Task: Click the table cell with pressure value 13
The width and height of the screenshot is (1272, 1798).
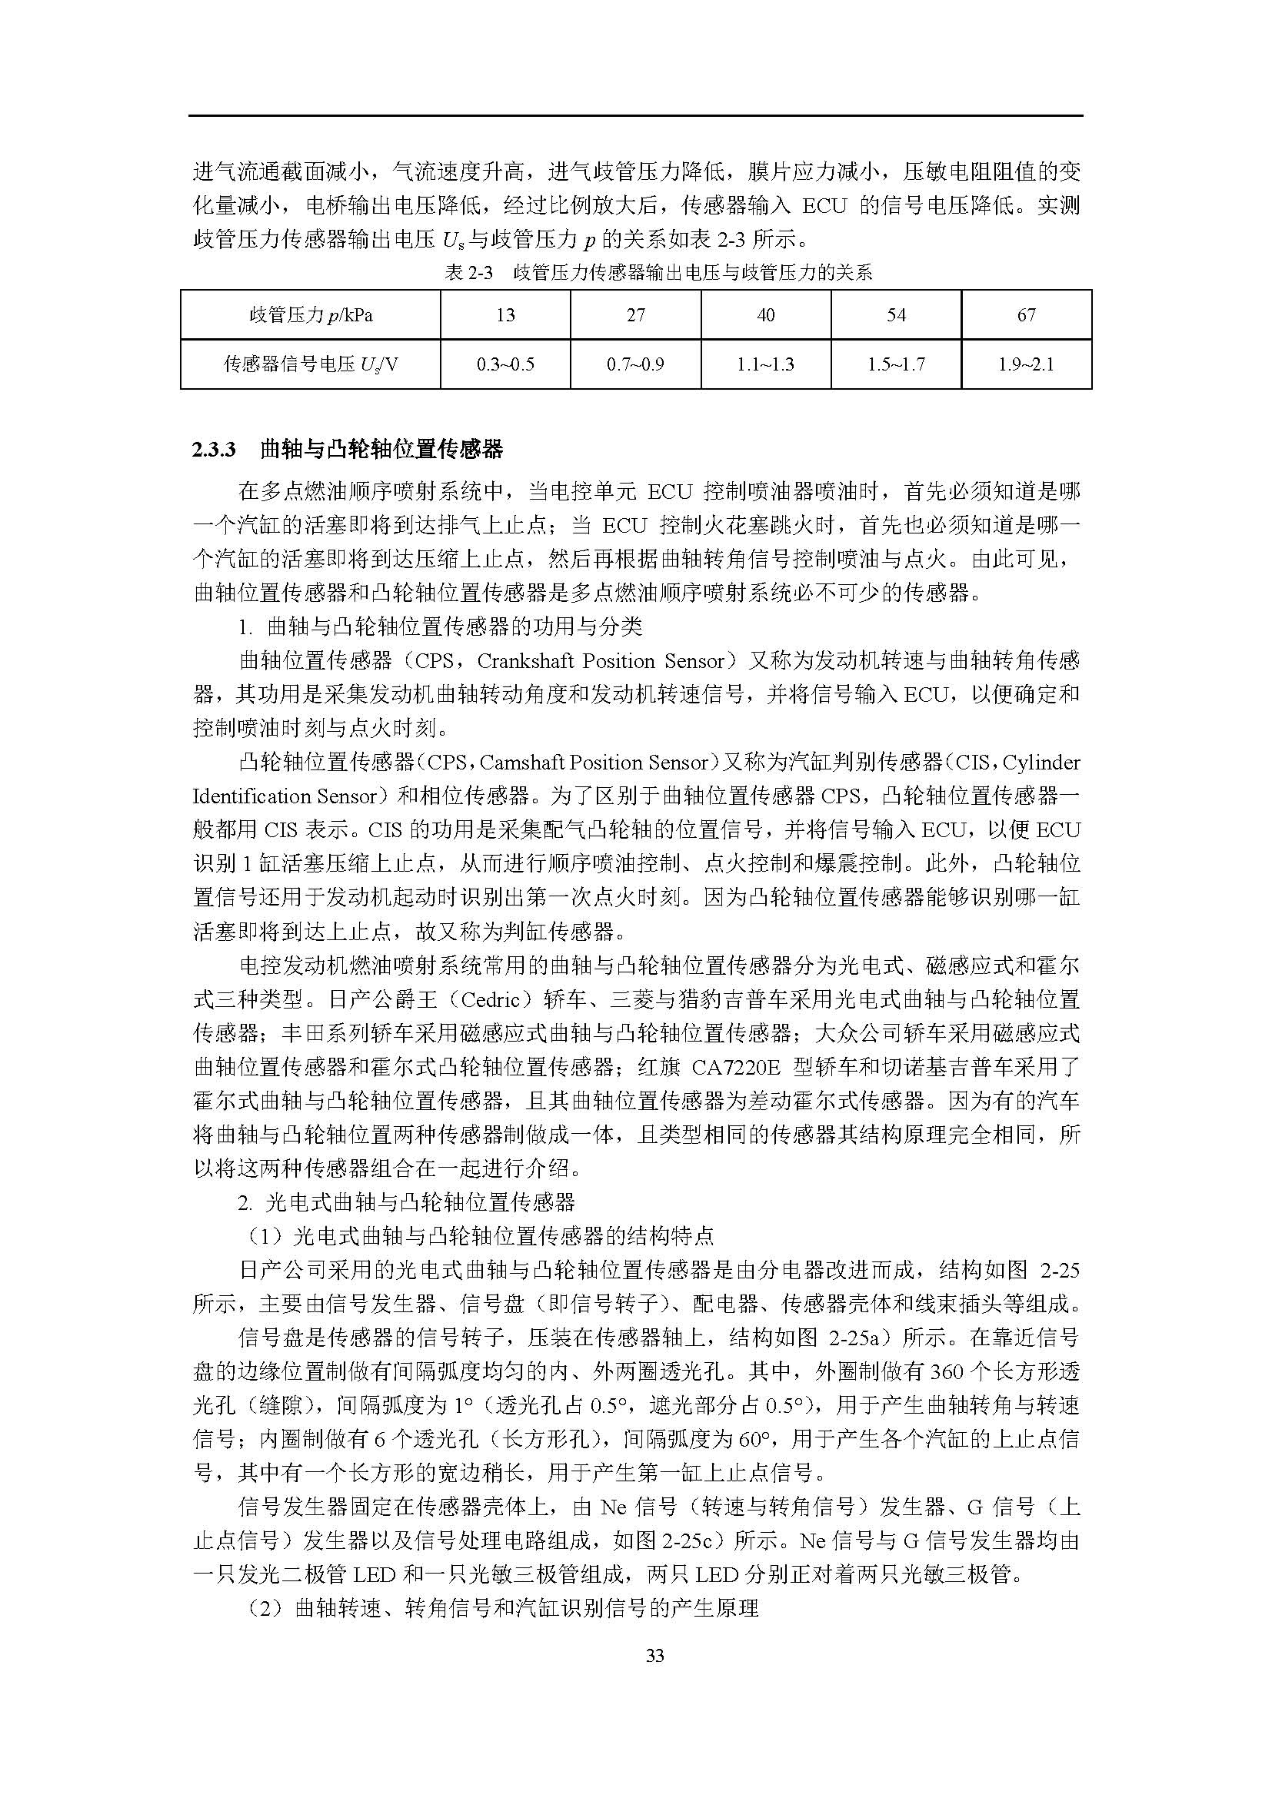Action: pos(505,315)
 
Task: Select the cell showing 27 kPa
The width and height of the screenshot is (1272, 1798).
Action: pos(635,315)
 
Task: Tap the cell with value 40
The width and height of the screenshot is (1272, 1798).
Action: pos(765,315)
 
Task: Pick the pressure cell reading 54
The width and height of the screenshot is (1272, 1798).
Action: pos(896,315)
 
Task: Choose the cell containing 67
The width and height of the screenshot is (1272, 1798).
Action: pos(1026,315)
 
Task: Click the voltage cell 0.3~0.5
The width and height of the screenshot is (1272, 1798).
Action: pos(505,364)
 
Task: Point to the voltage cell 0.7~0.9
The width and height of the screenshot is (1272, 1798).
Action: pos(635,364)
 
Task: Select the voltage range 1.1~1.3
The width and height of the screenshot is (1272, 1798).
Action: pos(765,364)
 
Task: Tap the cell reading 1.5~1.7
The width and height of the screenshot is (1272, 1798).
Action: pos(896,364)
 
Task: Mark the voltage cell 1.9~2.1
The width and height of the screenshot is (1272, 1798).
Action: pos(1026,364)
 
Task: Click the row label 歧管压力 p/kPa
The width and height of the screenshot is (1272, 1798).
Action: pos(311,315)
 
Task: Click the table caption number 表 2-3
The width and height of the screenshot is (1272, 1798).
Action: pos(468,273)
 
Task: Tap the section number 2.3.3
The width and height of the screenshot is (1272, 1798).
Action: pos(214,450)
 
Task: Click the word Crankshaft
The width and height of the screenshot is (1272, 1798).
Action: pos(535,661)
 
